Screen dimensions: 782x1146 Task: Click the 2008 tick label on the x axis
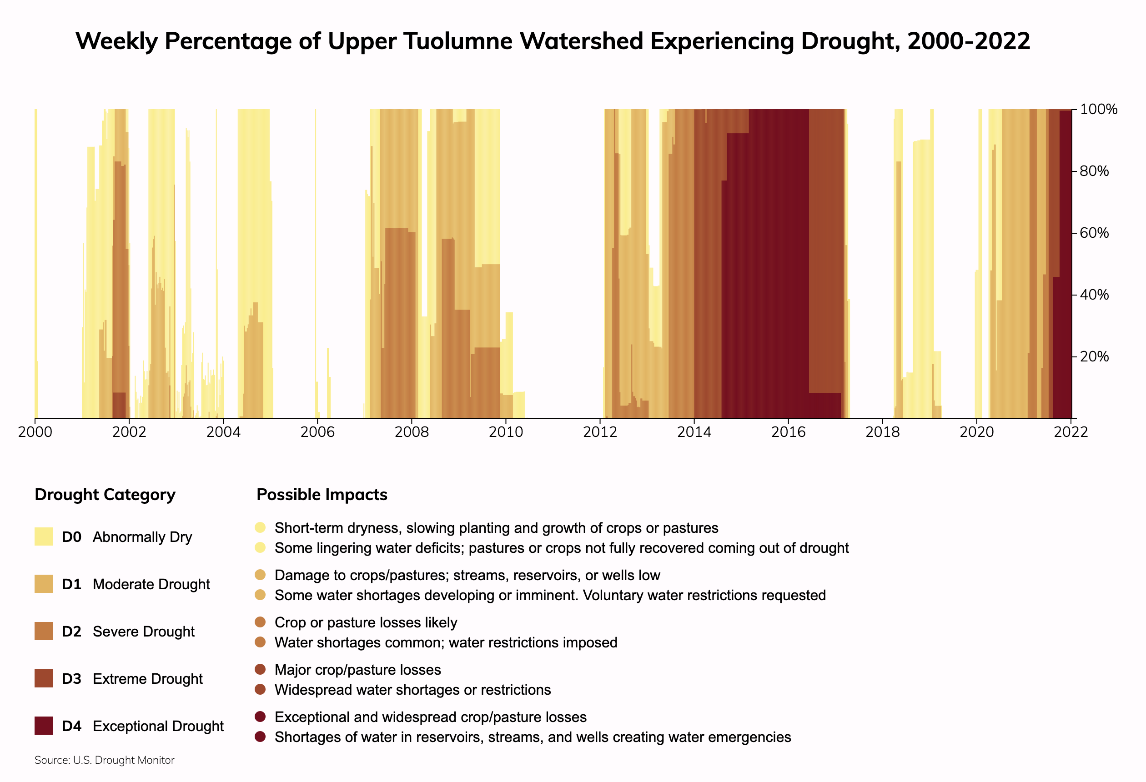[411, 432]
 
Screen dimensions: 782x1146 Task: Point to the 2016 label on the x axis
[788, 432]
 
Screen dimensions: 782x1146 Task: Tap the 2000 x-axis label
[35, 432]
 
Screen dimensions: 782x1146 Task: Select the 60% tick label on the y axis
[1094, 233]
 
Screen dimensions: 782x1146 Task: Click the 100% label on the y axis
[1098, 110]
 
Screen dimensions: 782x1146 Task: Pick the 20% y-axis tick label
[1094, 356]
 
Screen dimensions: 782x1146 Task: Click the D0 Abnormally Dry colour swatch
[43, 536]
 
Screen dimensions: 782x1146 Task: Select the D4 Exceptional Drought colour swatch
[43, 726]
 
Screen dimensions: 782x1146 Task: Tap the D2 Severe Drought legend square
[43, 631]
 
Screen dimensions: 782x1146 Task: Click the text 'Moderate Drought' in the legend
[151, 584]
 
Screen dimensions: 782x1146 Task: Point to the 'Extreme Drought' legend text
[147, 679]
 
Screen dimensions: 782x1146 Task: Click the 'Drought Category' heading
[105, 495]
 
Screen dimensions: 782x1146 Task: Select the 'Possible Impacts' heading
[322, 495]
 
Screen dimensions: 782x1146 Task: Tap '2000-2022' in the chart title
[969, 41]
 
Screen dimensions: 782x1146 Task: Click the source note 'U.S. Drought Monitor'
[124, 760]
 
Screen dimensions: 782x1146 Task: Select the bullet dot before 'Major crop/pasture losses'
[261, 669]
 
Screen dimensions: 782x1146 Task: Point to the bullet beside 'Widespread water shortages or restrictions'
[261, 689]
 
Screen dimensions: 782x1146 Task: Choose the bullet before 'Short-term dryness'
[261, 527]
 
